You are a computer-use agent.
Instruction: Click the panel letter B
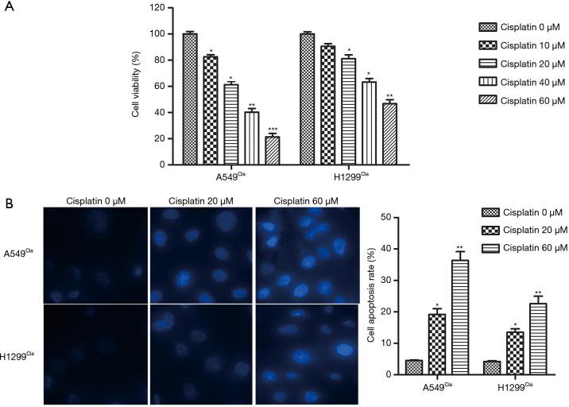click(x=10, y=204)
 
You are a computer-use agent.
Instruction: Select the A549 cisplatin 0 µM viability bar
click(x=189, y=99)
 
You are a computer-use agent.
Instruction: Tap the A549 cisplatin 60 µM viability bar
click(x=272, y=150)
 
